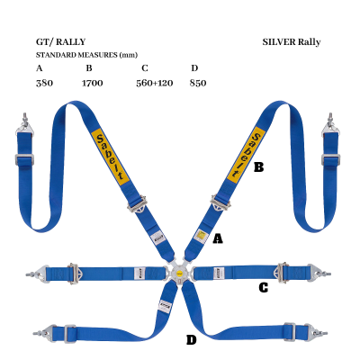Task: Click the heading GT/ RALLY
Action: pyautogui.click(x=61, y=41)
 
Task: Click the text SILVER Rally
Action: pyautogui.click(x=292, y=41)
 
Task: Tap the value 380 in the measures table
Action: pyautogui.click(x=43, y=83)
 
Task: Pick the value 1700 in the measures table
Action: pyautogui.click(x=92, y=83)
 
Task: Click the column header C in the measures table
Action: pyautogui.click(x=145, y=68)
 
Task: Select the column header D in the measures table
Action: pyautogui.click(x=194, y=68)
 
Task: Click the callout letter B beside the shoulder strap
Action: pyautogui.click(x=258, y=166)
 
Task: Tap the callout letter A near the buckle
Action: pyautogui.click(x=217, y=238)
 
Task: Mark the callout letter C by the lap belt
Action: pyautogui.click(x=263, y=288)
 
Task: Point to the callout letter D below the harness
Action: pyautogui.click(x=191, y=339)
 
